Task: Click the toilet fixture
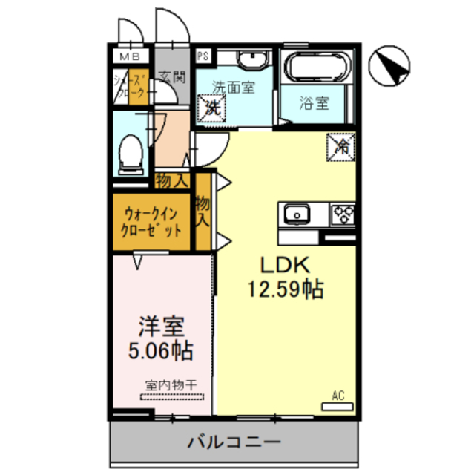point(131,151)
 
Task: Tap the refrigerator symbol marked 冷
point(341,146)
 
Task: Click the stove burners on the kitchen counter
point(342,214)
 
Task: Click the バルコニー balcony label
point(234,444)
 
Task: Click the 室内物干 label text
point(171,385)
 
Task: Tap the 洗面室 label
point(234,87)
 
